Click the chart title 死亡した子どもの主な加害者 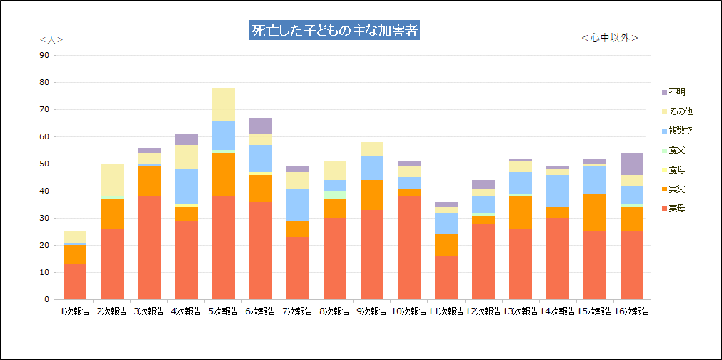click(x=334, y=31)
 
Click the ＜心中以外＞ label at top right click(x=609, y=38)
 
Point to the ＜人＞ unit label click(x=51, y=39)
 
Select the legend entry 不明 click(x=676, y=92)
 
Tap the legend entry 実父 click(x=676, y=189)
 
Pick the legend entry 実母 click(x=676, y=208)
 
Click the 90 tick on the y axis click(x=44, y=55)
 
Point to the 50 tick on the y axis click(x=44, y=164)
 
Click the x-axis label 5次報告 click(x=224, y=311)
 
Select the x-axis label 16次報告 click(x=632, y=311)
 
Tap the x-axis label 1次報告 click(x=75, y=311)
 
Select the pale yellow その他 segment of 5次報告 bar click(x=224, y=104)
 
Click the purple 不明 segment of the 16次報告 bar click(x=632, y=164)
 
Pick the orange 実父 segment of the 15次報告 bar click(x=595, y=213)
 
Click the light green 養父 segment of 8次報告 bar click(x=335, y=195)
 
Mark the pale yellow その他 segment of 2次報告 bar click(x=112, y=180)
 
